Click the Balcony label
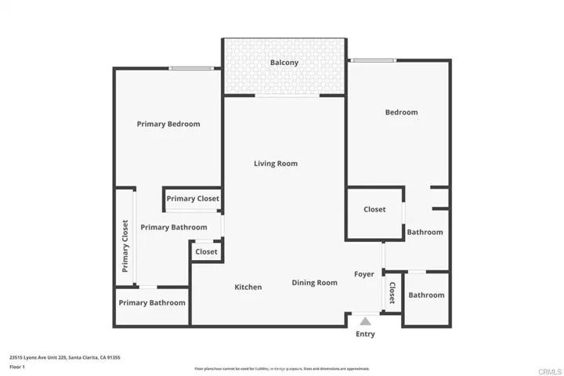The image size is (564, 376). click(284, 63)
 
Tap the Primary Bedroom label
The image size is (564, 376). click(168, 124)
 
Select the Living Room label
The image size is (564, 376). click(276, 164)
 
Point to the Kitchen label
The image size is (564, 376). click(248, 287)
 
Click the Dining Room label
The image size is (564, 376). click(315, 283)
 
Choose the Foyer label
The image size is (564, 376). click(364, 274)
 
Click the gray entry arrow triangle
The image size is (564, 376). click(365, 320)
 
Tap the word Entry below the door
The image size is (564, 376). click(365, 334)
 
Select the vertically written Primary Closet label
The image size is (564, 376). click(125, 245)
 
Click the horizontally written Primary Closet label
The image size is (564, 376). click(193, 199)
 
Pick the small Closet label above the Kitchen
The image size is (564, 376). click(206, 252)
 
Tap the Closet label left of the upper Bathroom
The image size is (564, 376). click(374, 210)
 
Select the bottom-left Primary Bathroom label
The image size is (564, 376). click(152, 303)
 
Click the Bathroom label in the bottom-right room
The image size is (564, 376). click(426, 295)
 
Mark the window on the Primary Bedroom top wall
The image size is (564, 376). click(192, 69)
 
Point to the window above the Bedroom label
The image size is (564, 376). click(373, 60)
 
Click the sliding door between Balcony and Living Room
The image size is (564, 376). click(287, 96)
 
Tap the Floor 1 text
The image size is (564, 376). click(17, 367)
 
